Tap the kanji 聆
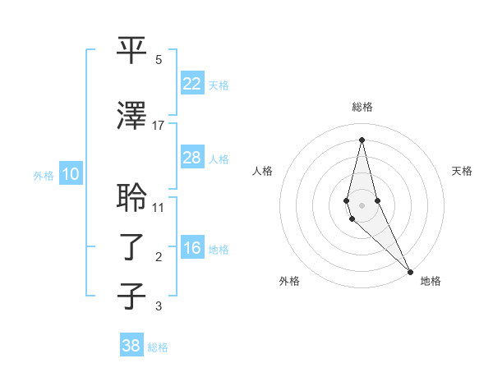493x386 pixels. (x=132, y=198)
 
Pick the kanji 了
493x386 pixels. (x=132, y=246)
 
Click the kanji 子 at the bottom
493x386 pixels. (x=132, y=296)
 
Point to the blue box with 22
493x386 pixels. (x=191, y=83)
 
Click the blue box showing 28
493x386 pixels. (x=191, y=158)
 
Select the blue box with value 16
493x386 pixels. (x=191, y=249)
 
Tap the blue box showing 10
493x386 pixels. (x=71, y=174)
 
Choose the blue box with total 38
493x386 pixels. (x=131, y=346)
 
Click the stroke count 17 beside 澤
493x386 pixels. (x=159, y=125)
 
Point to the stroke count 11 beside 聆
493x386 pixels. (x=159, y=207)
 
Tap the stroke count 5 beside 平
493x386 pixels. (x=159, y=59)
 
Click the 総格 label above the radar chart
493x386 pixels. (x=362, y=107)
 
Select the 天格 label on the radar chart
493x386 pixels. (x=463, y=171)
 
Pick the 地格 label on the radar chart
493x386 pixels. (x=431, y=281)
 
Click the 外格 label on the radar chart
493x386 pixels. (x=289, y=281)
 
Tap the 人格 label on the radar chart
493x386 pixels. (x=262, y=171)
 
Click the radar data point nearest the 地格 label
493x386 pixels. (x=409, y=270)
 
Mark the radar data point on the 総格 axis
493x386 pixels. (x=362, y=140)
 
